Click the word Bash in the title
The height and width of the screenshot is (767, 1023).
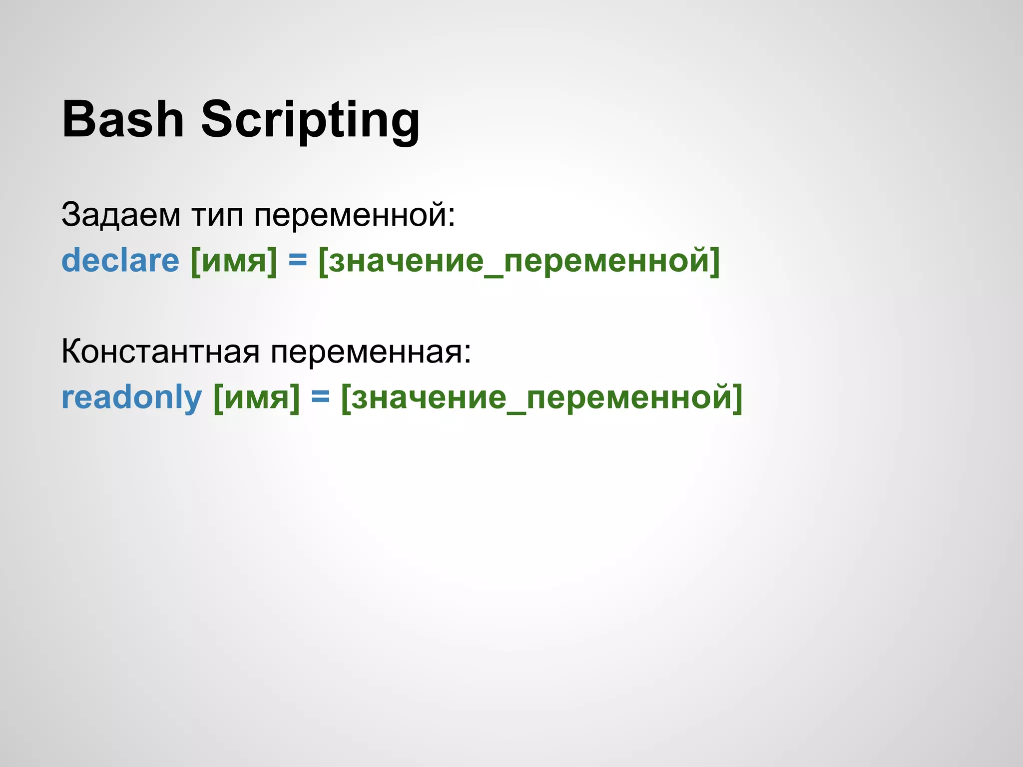123,119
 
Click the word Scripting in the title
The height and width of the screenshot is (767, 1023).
310,120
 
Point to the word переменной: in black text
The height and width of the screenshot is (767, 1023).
355,215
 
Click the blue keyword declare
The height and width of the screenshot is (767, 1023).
120,261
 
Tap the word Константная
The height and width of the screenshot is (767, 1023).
160,352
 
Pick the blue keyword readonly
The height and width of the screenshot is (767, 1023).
131,398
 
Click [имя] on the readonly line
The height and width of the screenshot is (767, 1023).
257,398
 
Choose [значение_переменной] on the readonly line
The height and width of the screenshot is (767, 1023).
542,398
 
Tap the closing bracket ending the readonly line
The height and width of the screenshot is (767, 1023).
738,398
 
